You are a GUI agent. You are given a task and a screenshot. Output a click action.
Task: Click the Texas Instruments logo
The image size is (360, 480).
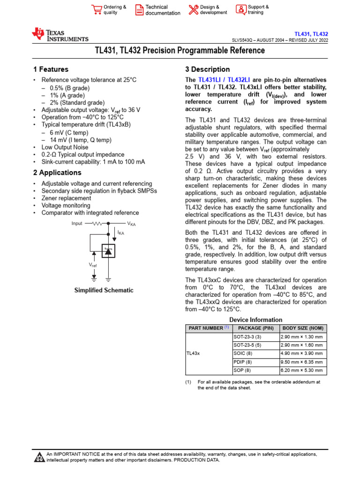60,35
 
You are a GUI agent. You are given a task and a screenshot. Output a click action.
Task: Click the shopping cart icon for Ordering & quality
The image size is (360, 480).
97,10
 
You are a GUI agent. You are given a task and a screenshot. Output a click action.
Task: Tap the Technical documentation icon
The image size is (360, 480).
139,10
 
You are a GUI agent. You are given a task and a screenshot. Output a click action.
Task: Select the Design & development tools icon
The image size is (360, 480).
193,10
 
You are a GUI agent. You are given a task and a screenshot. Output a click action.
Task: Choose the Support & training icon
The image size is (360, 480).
240,10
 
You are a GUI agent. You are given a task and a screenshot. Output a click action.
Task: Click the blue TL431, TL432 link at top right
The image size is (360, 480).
311,34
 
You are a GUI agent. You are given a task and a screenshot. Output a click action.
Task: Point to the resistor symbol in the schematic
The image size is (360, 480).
97,224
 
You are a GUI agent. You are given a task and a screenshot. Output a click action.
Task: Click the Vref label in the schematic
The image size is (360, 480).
93,265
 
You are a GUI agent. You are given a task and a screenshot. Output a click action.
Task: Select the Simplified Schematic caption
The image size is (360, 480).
104,290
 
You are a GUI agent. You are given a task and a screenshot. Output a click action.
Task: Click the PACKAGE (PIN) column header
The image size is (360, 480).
255,328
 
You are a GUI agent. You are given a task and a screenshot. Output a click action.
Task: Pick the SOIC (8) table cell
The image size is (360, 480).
242,353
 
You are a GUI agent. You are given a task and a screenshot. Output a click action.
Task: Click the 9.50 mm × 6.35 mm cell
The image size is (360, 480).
301,362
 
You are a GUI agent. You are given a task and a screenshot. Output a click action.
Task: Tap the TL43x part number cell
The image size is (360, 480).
193,353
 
